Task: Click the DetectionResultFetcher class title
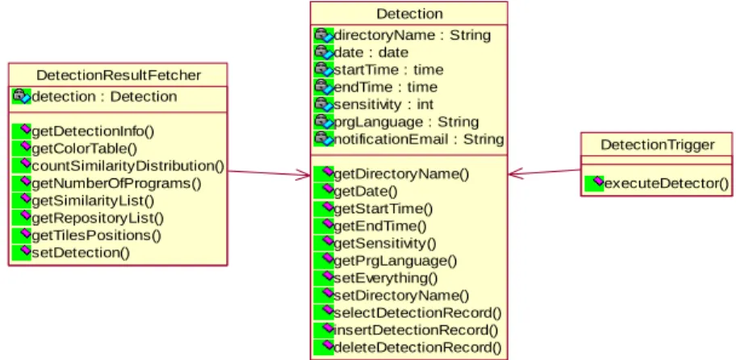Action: point(119,75)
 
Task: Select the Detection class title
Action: point(409,14)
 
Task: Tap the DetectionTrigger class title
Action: point(657,144)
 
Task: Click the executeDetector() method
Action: point(666,183)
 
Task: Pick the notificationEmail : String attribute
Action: point(418,139)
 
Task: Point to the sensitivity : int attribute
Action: point(383,104)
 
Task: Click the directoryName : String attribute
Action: point(412,35)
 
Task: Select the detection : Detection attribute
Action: point(104,96)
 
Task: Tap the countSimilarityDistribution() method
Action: point(128,166)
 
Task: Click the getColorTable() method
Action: point(84,149)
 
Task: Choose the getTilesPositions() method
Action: point(96,235)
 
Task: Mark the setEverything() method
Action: point(385,278)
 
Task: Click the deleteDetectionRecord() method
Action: point(417,347)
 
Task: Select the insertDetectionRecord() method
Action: point(416,330)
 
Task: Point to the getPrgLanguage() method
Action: point(395,261)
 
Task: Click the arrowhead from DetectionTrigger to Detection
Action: point(515,174)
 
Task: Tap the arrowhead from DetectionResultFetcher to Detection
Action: point(303,176)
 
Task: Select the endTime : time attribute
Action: point(385,87)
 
